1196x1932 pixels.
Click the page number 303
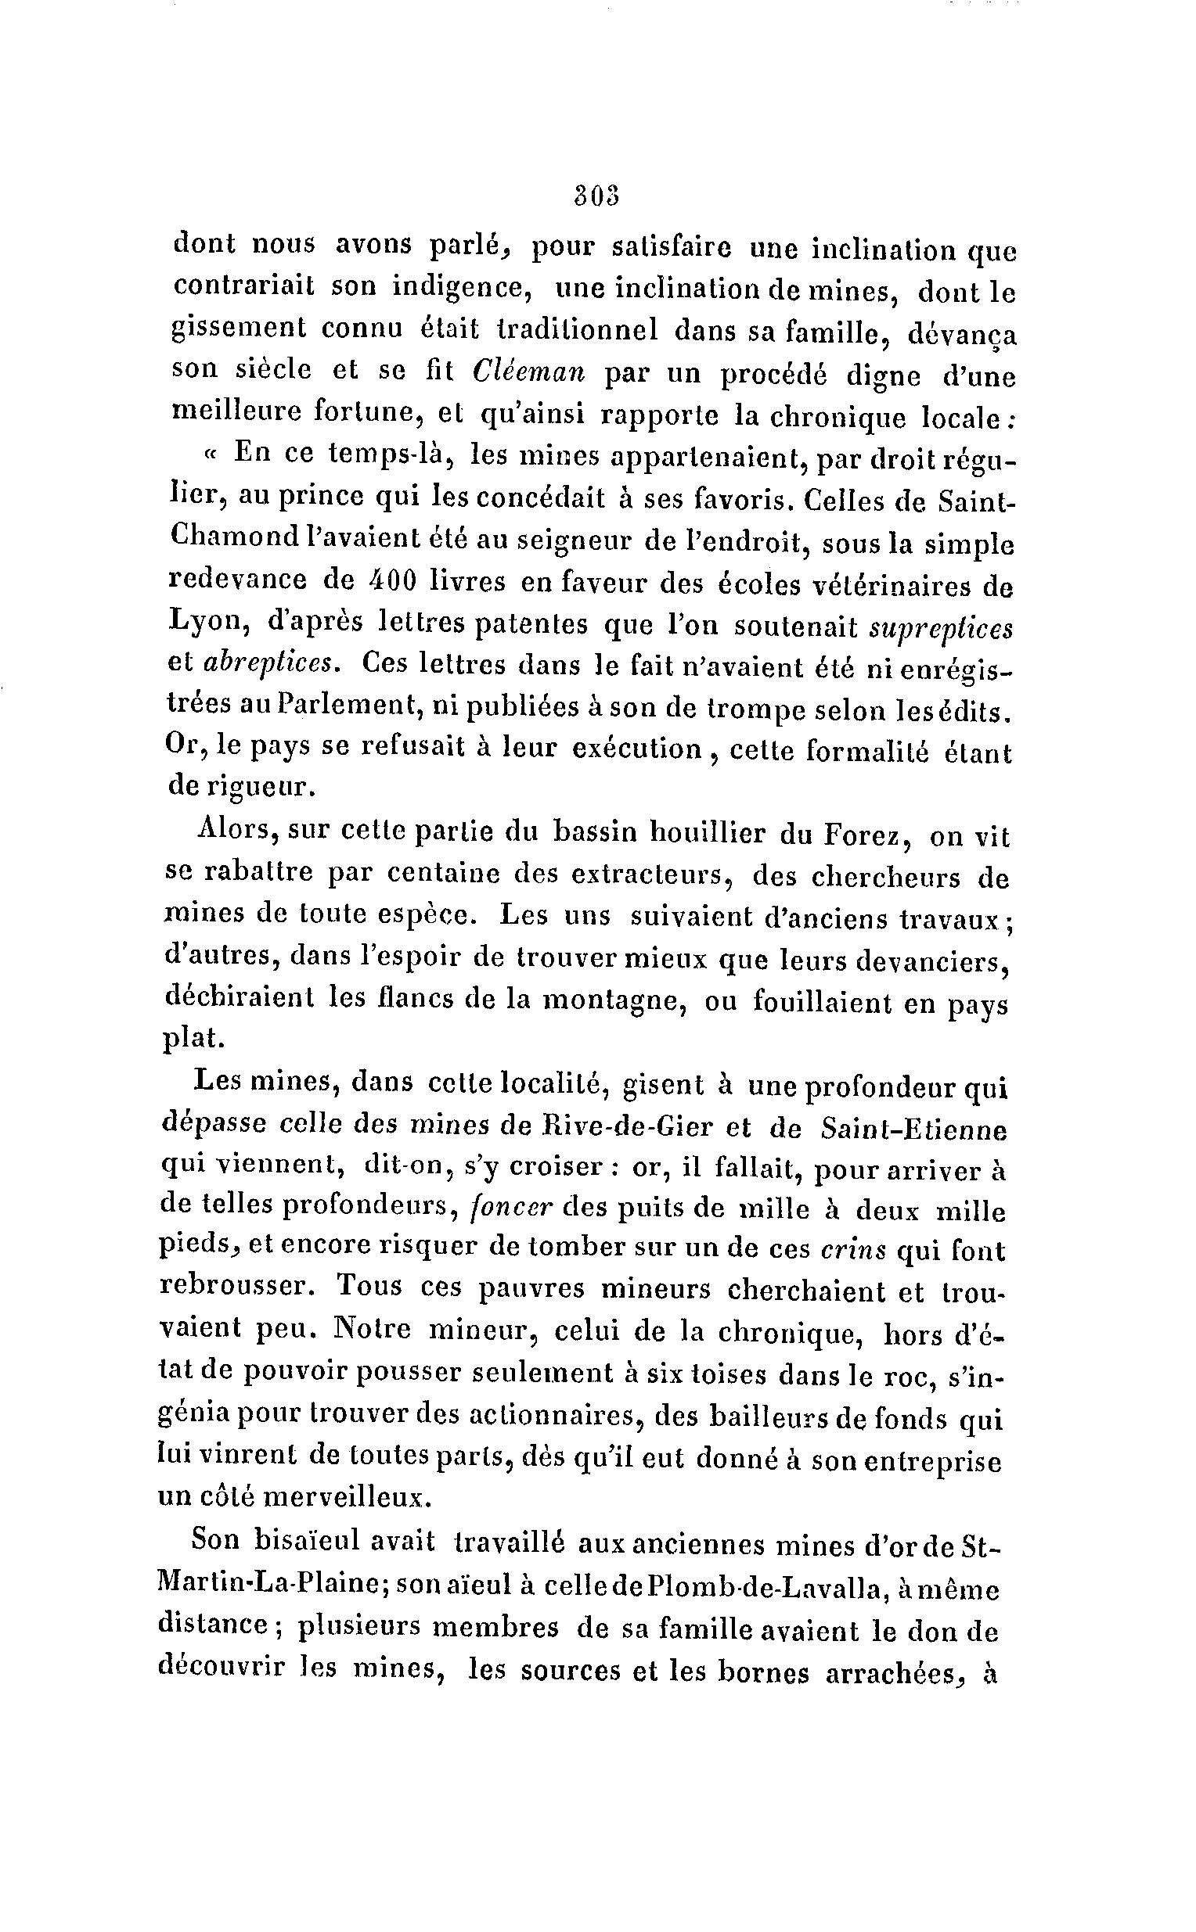[x=596, y=196]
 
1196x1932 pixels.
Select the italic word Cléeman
[x=527, y=372]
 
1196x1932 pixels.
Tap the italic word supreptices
[x=941, y=627]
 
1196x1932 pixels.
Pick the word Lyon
[x=203, y=623]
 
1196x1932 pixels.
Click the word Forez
[x=860, y=834]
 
